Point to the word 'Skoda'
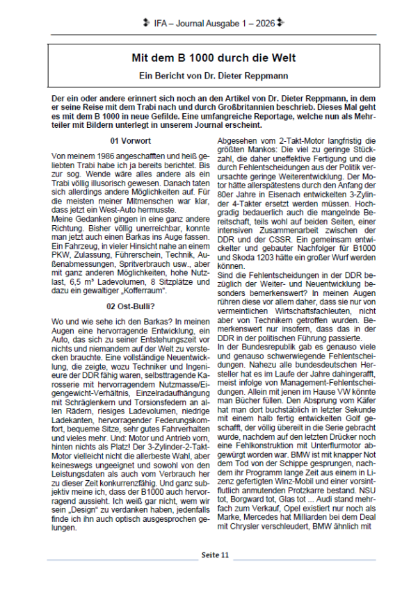point(238,258)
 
